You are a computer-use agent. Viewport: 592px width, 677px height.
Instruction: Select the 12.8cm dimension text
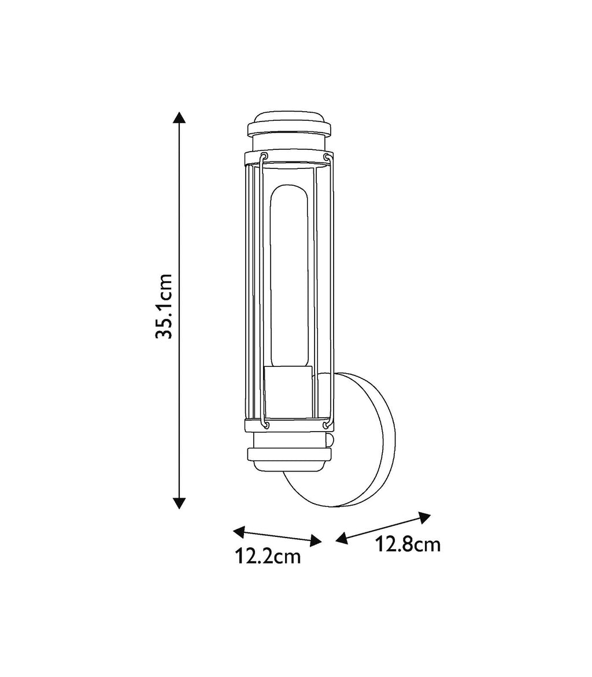408,544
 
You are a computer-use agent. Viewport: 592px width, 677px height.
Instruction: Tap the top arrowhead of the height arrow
180,117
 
